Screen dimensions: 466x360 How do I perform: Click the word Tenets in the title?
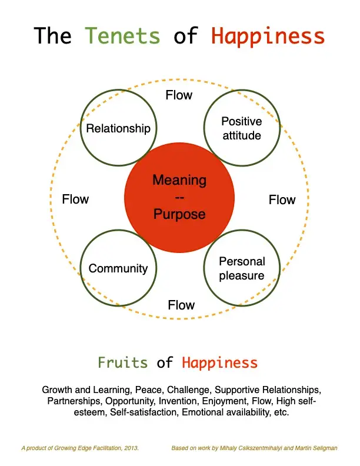tap(122, 36)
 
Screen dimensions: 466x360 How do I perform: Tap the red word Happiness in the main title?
tap(268, 36)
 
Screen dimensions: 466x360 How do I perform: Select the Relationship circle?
tap(118, 128)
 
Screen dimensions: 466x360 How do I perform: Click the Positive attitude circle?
tap(241, 128)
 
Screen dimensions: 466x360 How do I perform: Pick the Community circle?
tap(118, 268)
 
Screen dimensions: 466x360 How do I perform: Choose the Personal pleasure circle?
tap(242, 268)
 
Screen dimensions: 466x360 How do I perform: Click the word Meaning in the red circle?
tap(179, 180)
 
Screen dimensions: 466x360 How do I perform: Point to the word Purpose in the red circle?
tap(179, 214)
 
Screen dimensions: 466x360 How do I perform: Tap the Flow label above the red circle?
tap(179, 95)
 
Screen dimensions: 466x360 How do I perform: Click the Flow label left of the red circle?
tap(75, 199)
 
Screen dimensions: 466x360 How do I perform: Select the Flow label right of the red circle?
tap(282, 200)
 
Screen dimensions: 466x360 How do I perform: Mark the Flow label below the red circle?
tap(181, 305)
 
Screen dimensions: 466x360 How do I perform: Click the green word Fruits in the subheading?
tap(122, 362)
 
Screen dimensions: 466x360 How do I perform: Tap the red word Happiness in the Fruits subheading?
tap(219, 362)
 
